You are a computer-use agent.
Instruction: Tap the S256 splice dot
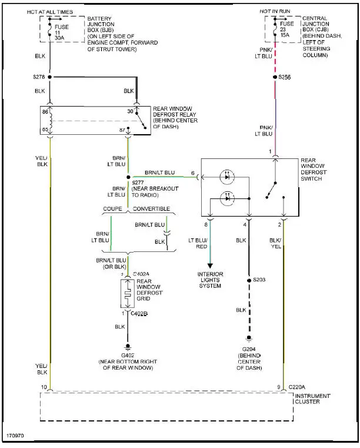pos(274,77)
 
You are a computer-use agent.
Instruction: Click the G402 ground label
pos(128,356)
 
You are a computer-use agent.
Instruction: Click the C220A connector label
pos(298,387)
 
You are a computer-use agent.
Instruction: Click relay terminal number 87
pos(122,129)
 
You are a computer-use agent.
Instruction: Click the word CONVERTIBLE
pos(151,209)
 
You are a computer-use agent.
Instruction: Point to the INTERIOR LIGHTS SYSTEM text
pos(210,280)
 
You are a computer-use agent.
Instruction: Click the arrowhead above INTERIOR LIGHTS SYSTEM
pos(210,266)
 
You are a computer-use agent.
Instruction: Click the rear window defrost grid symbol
pos(128,293)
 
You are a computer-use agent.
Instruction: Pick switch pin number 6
pos(192,173)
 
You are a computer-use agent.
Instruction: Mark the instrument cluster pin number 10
pos(43,387)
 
